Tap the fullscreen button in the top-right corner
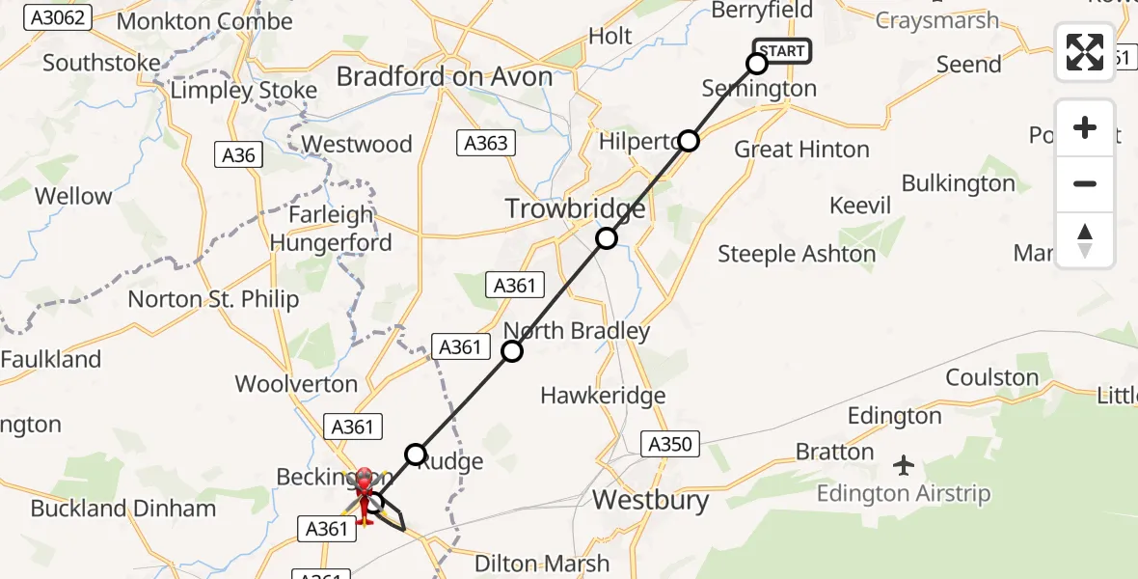coord(1085,52)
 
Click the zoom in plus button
coord(1085,127)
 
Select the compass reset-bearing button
coord(1085,240)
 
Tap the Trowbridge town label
coord(576,209)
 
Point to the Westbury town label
coord(651,501)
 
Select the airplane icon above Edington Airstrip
coord(904,466)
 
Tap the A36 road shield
coord(238,154)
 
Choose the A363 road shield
coord(485,144)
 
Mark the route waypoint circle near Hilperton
coord(688,141)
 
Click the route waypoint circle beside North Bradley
coord(512,351)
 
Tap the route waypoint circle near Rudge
coord(415,454)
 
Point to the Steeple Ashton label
coord(797,255)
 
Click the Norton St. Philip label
coord(213,300)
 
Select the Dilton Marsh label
coord(544,564)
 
